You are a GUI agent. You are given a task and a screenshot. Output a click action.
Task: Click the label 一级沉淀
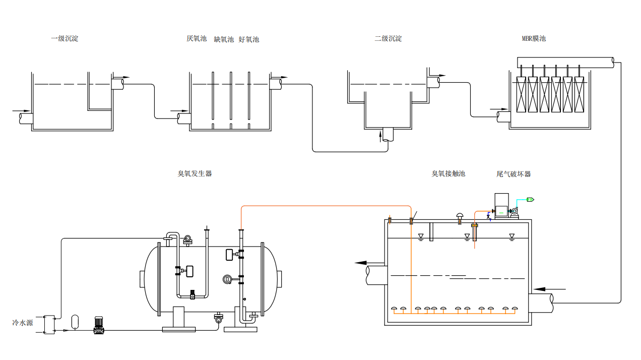(65, 38)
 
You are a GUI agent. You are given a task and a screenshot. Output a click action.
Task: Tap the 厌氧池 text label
(197, 39)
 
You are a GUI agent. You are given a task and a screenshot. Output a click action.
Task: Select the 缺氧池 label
(224, 39)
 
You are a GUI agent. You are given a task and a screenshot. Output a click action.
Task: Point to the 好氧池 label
(249, 39)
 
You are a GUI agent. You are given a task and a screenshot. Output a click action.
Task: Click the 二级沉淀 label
(388, 38)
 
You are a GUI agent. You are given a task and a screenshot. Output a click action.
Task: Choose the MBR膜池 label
(534, 38)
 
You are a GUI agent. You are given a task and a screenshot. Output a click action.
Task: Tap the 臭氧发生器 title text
(195, 173)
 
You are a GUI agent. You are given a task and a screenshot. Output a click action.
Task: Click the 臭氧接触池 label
(448, 173)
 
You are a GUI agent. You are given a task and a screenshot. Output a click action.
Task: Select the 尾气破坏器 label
(514, 174)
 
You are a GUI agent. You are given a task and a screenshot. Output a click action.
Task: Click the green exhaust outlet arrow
(531, 200)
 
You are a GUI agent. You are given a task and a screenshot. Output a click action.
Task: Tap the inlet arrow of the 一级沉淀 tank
(21, 110)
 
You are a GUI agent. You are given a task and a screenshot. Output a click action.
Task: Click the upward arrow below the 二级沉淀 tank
(381, 136)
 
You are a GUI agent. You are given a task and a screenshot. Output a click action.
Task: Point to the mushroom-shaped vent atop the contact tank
(460, 216)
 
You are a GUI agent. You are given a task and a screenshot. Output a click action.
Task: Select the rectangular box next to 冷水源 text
(49, 324)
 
